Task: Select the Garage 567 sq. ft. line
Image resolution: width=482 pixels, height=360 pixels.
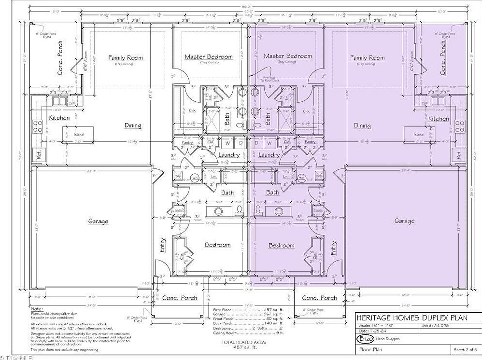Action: click(x=246, y=314)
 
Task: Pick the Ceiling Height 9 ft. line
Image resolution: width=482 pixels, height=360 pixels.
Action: click(x=246, y=332)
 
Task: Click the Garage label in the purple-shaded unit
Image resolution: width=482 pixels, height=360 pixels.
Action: click(x=404, y=221)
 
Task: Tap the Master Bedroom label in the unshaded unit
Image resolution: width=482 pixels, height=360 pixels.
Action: click(x=209, y=56)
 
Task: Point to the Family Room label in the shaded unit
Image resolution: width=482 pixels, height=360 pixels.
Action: click(x=367, y=57)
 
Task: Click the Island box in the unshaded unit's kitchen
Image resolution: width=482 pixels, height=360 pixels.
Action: click(x=78, y=135)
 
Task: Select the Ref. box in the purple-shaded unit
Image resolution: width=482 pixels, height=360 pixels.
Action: click(x=456, y=155)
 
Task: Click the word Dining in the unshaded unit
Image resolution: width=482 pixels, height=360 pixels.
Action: click(x=133, y=125)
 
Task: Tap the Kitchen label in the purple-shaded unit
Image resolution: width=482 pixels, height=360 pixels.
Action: click(x=439, y=119)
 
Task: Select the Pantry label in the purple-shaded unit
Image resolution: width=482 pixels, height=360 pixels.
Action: click(x=310, y=142)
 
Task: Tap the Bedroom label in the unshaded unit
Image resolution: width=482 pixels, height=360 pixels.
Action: click(x=217, y=245)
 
